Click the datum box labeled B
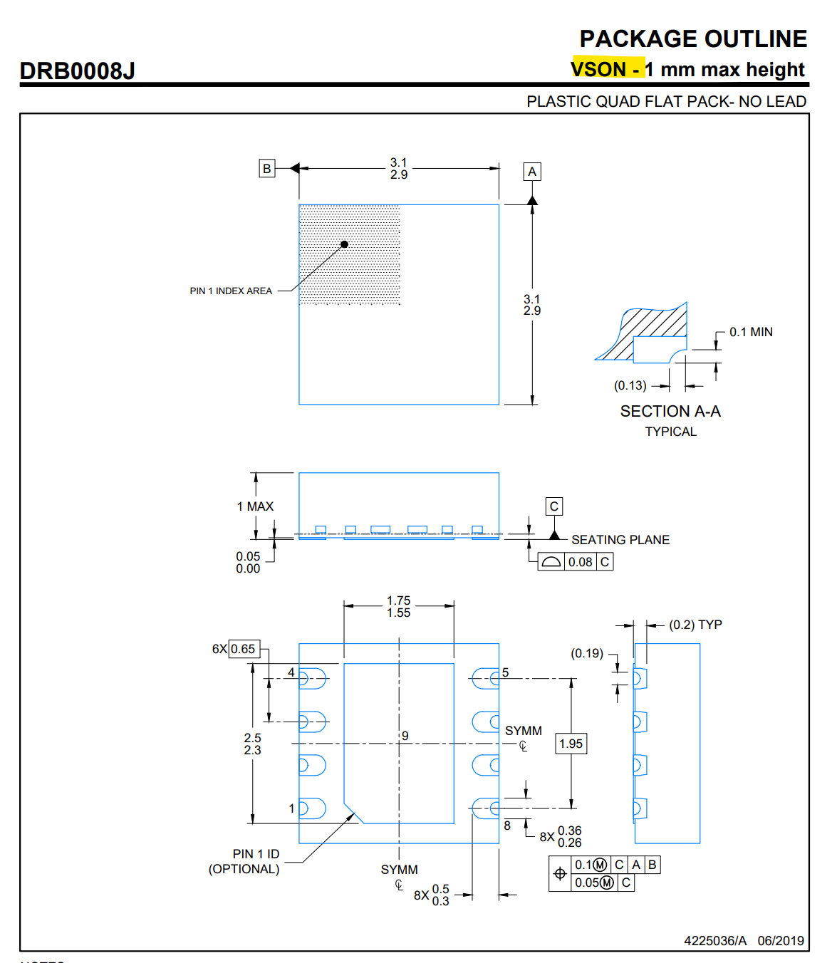(x=267, y=169)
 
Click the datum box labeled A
(x=532, y=172)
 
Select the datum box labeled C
(x=554, y=506)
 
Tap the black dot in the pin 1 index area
(x=344, y=244)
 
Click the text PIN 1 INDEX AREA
(x=231, y=291)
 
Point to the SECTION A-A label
(x=670, y=412)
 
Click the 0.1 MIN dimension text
(x=751, y=332)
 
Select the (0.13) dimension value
(x=630, y=385)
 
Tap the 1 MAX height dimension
(x=255, y=506)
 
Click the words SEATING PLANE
(x=620, y=540)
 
